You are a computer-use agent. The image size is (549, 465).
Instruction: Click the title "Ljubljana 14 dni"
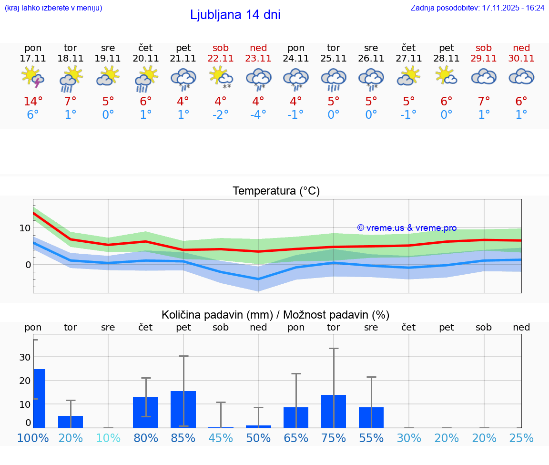(235, 15)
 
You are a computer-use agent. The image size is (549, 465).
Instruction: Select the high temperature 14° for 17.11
(33, 102)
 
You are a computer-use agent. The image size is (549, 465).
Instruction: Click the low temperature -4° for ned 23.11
(258, 115)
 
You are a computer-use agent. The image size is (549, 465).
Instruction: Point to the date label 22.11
(221, 58)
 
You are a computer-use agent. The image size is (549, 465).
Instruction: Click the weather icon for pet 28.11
(446, 76)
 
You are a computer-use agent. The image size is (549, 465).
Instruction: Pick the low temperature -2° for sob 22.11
(221, 115)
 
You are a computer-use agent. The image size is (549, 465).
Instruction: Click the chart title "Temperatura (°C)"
(276, 191)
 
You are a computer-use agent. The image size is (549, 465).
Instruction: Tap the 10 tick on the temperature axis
(25, 228)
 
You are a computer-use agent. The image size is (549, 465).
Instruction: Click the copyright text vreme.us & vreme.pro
(407, 228)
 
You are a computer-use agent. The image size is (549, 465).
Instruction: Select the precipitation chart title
(275, 315)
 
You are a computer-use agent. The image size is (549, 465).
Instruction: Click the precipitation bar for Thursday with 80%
(145, 412)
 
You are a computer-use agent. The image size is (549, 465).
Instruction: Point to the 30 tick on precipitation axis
(25, 357)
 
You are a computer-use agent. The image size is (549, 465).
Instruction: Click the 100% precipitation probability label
(33, 438)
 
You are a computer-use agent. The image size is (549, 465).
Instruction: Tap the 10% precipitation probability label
(108, 438)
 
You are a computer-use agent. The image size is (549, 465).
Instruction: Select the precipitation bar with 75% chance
(334, 411)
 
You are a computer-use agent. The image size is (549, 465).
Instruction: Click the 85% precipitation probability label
(183, 438)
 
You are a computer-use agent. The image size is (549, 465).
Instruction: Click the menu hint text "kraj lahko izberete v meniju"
(53, 8)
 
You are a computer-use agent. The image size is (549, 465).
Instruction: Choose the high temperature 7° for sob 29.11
(484, 102)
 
